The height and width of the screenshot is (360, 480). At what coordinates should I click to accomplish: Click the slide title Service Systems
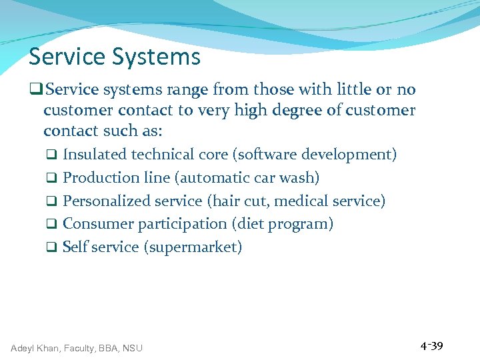[x=114, y=57]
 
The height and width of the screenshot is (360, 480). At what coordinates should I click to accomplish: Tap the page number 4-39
[x=431, y=346]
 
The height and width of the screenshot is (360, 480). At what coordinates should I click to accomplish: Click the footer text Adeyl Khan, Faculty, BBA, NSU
[x=77, y=347]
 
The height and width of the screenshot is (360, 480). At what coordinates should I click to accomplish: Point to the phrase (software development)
[x=314, y=155]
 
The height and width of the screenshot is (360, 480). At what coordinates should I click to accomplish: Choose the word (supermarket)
[x=193, y=247]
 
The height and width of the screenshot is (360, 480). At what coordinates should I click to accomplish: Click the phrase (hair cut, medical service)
[x=297, y=201]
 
